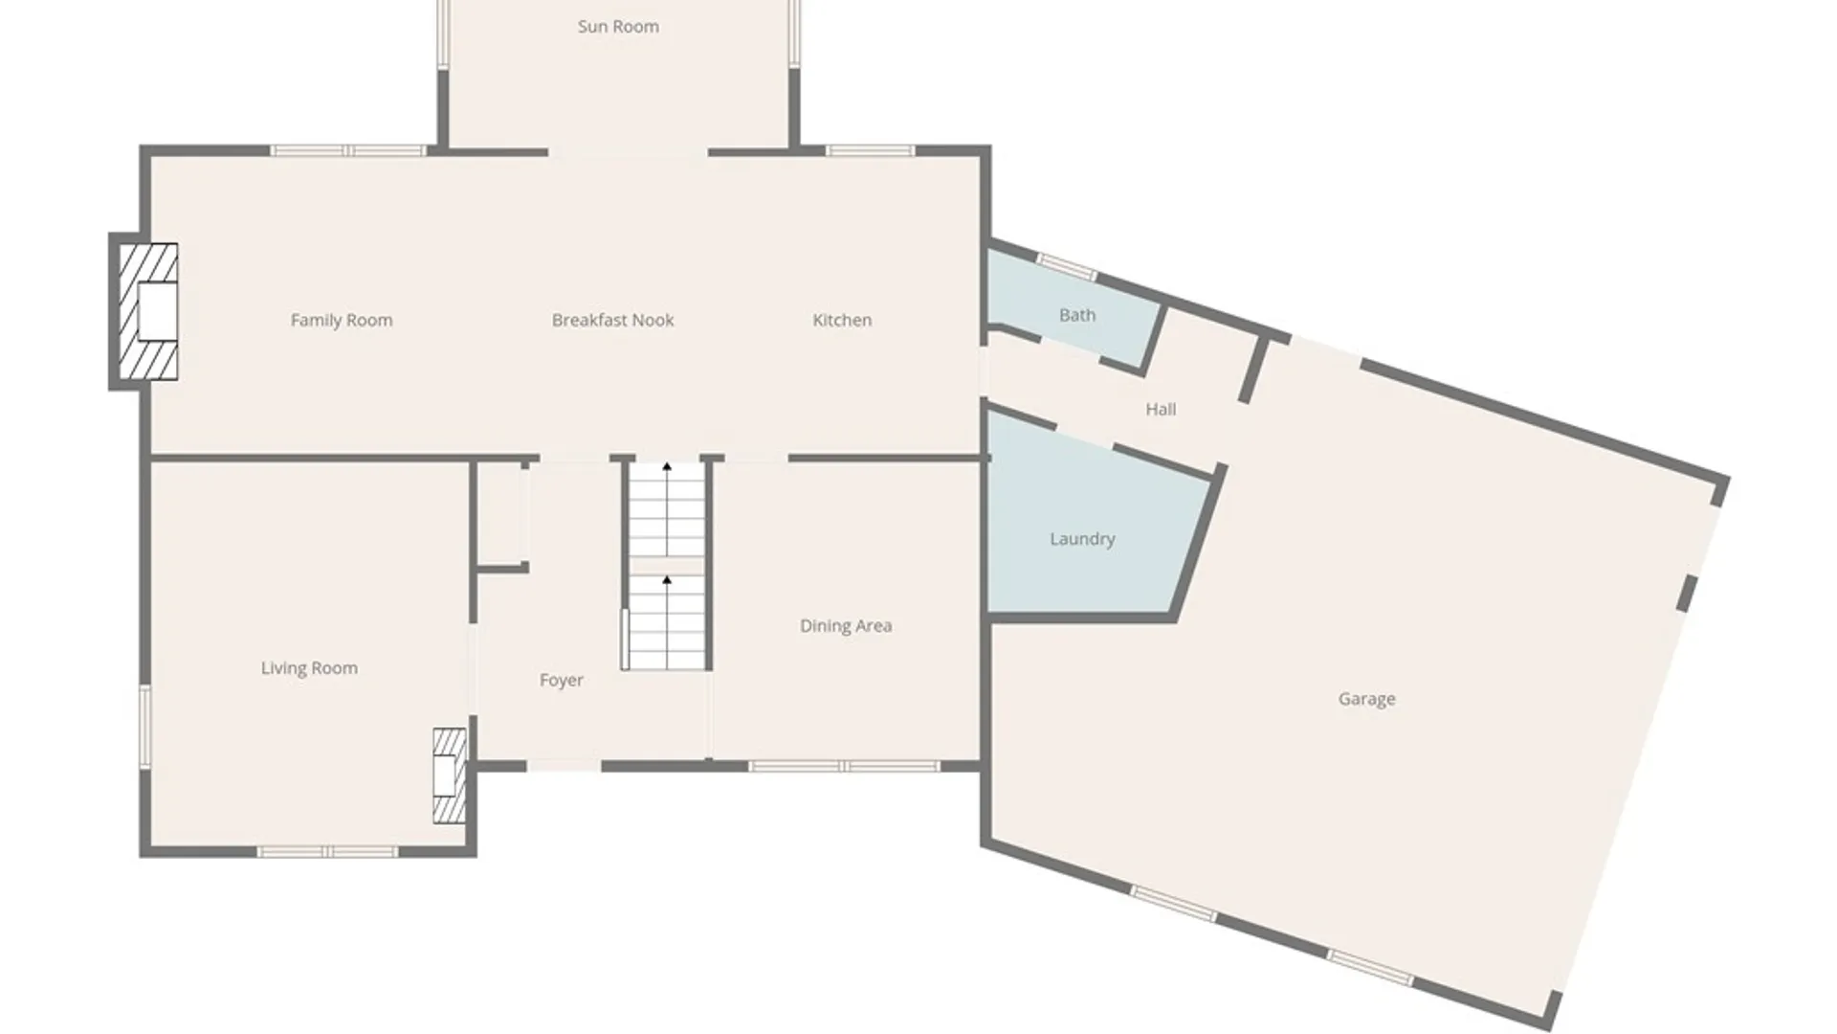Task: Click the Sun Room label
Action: [x=618, y=27]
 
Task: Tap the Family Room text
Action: [x=342, y=321]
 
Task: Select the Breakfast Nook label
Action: [x=612, y=320]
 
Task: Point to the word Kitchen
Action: [x=842, y=320]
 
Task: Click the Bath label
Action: [x=1077, y=315]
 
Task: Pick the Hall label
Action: [x=1161, y=409]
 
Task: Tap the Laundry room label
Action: [x=1082, y=539]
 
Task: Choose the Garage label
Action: [x=1366, y=699]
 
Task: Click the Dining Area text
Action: [x=846, y=626]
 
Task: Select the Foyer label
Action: [x=561, y=681]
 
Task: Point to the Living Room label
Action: [x=309, y=668]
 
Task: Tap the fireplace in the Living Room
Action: [x=449, y=775]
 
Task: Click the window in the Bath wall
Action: [x=1067, y=266]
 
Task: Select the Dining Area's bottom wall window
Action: [x=843, y=766]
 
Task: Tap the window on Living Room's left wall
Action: [x=145, y=726]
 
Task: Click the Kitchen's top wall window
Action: [x=870, y=150]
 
